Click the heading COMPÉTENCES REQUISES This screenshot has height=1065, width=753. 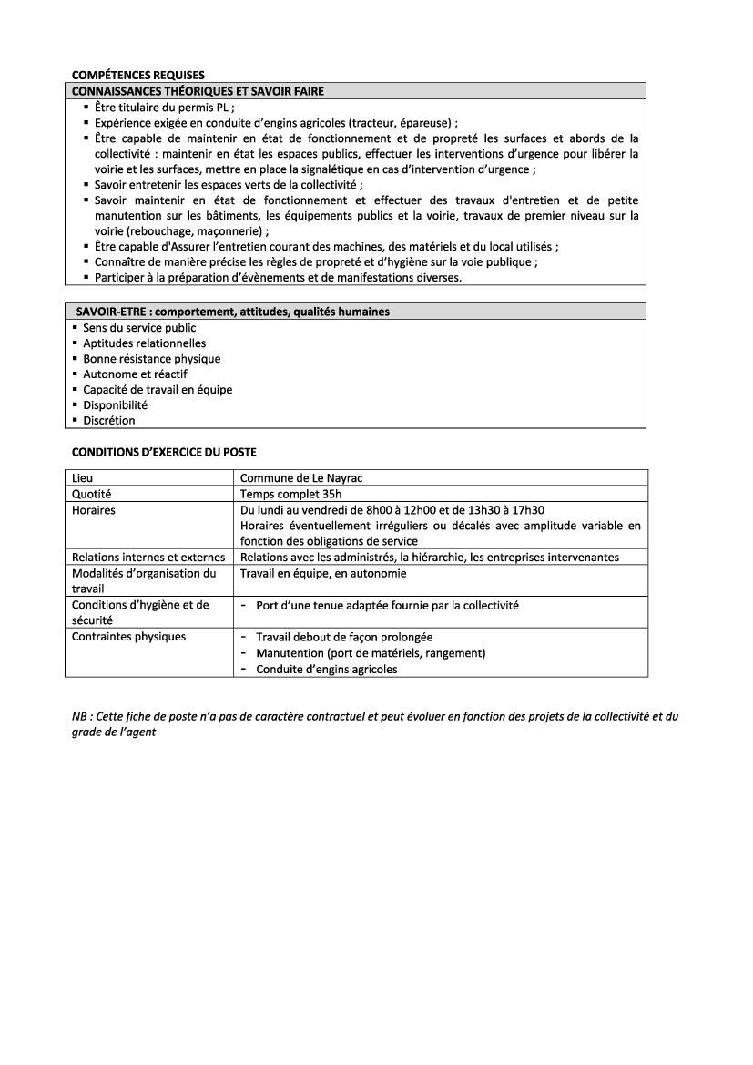click(x=137, y=75)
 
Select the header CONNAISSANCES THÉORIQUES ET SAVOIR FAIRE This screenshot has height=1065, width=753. click(x=198, y=91)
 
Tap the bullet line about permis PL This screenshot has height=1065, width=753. click(x=165, y=107)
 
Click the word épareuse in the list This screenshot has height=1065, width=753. click(x=426, y=122)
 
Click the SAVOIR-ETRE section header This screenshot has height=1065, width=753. click(x=232, y=312)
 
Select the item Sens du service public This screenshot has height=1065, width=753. click(x=139, y=328)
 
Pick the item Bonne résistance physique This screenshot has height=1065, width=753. click(x=152, y=359)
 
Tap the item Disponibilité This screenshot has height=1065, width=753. click(x=115, y=405)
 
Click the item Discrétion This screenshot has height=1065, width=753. click(x=109, y=421)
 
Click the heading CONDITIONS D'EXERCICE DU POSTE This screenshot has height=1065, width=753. click(x=164, y=452)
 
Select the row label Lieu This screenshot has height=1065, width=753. click(x=82, y=477)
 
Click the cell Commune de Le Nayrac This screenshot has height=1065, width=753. click(x=301, y=477)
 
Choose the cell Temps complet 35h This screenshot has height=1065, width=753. click(x=290, y=494)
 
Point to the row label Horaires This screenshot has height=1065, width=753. click(x=94, y=510)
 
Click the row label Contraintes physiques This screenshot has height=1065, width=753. click(x=128, y=637)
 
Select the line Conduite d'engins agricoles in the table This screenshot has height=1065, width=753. click(x=326, y=669)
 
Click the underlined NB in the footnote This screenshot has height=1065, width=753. click(x=79, y=717)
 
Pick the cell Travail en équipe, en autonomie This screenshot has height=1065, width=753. click(x=323, y=574)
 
